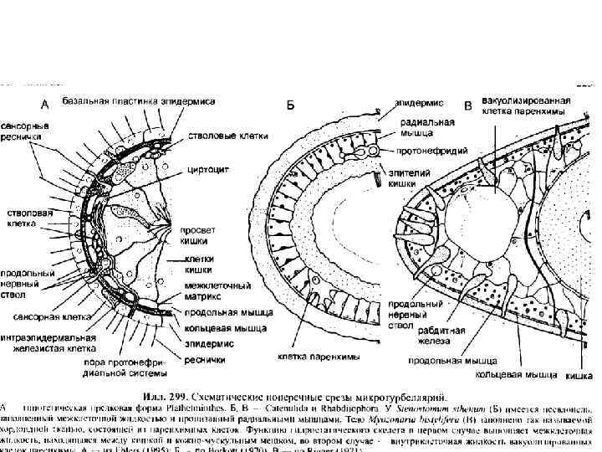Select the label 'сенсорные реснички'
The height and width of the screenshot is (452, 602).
[24, 130]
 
